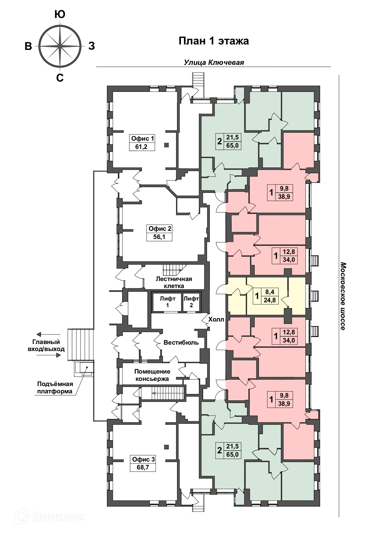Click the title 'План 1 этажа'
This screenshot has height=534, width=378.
[214, 41]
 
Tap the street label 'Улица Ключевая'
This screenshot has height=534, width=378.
[214, 62]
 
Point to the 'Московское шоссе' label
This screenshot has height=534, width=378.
[342, 296]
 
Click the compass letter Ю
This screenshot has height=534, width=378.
[60, 15]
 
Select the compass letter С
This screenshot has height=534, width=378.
[60, 78]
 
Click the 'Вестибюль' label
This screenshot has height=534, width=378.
[181, 343]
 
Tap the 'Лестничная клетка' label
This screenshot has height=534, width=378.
[174, 282]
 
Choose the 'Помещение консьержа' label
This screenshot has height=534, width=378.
[152, 375]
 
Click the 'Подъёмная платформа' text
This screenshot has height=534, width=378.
[55, 387]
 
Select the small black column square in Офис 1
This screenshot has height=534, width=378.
[166, 145]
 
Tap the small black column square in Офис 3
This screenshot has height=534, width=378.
[166, 447]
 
